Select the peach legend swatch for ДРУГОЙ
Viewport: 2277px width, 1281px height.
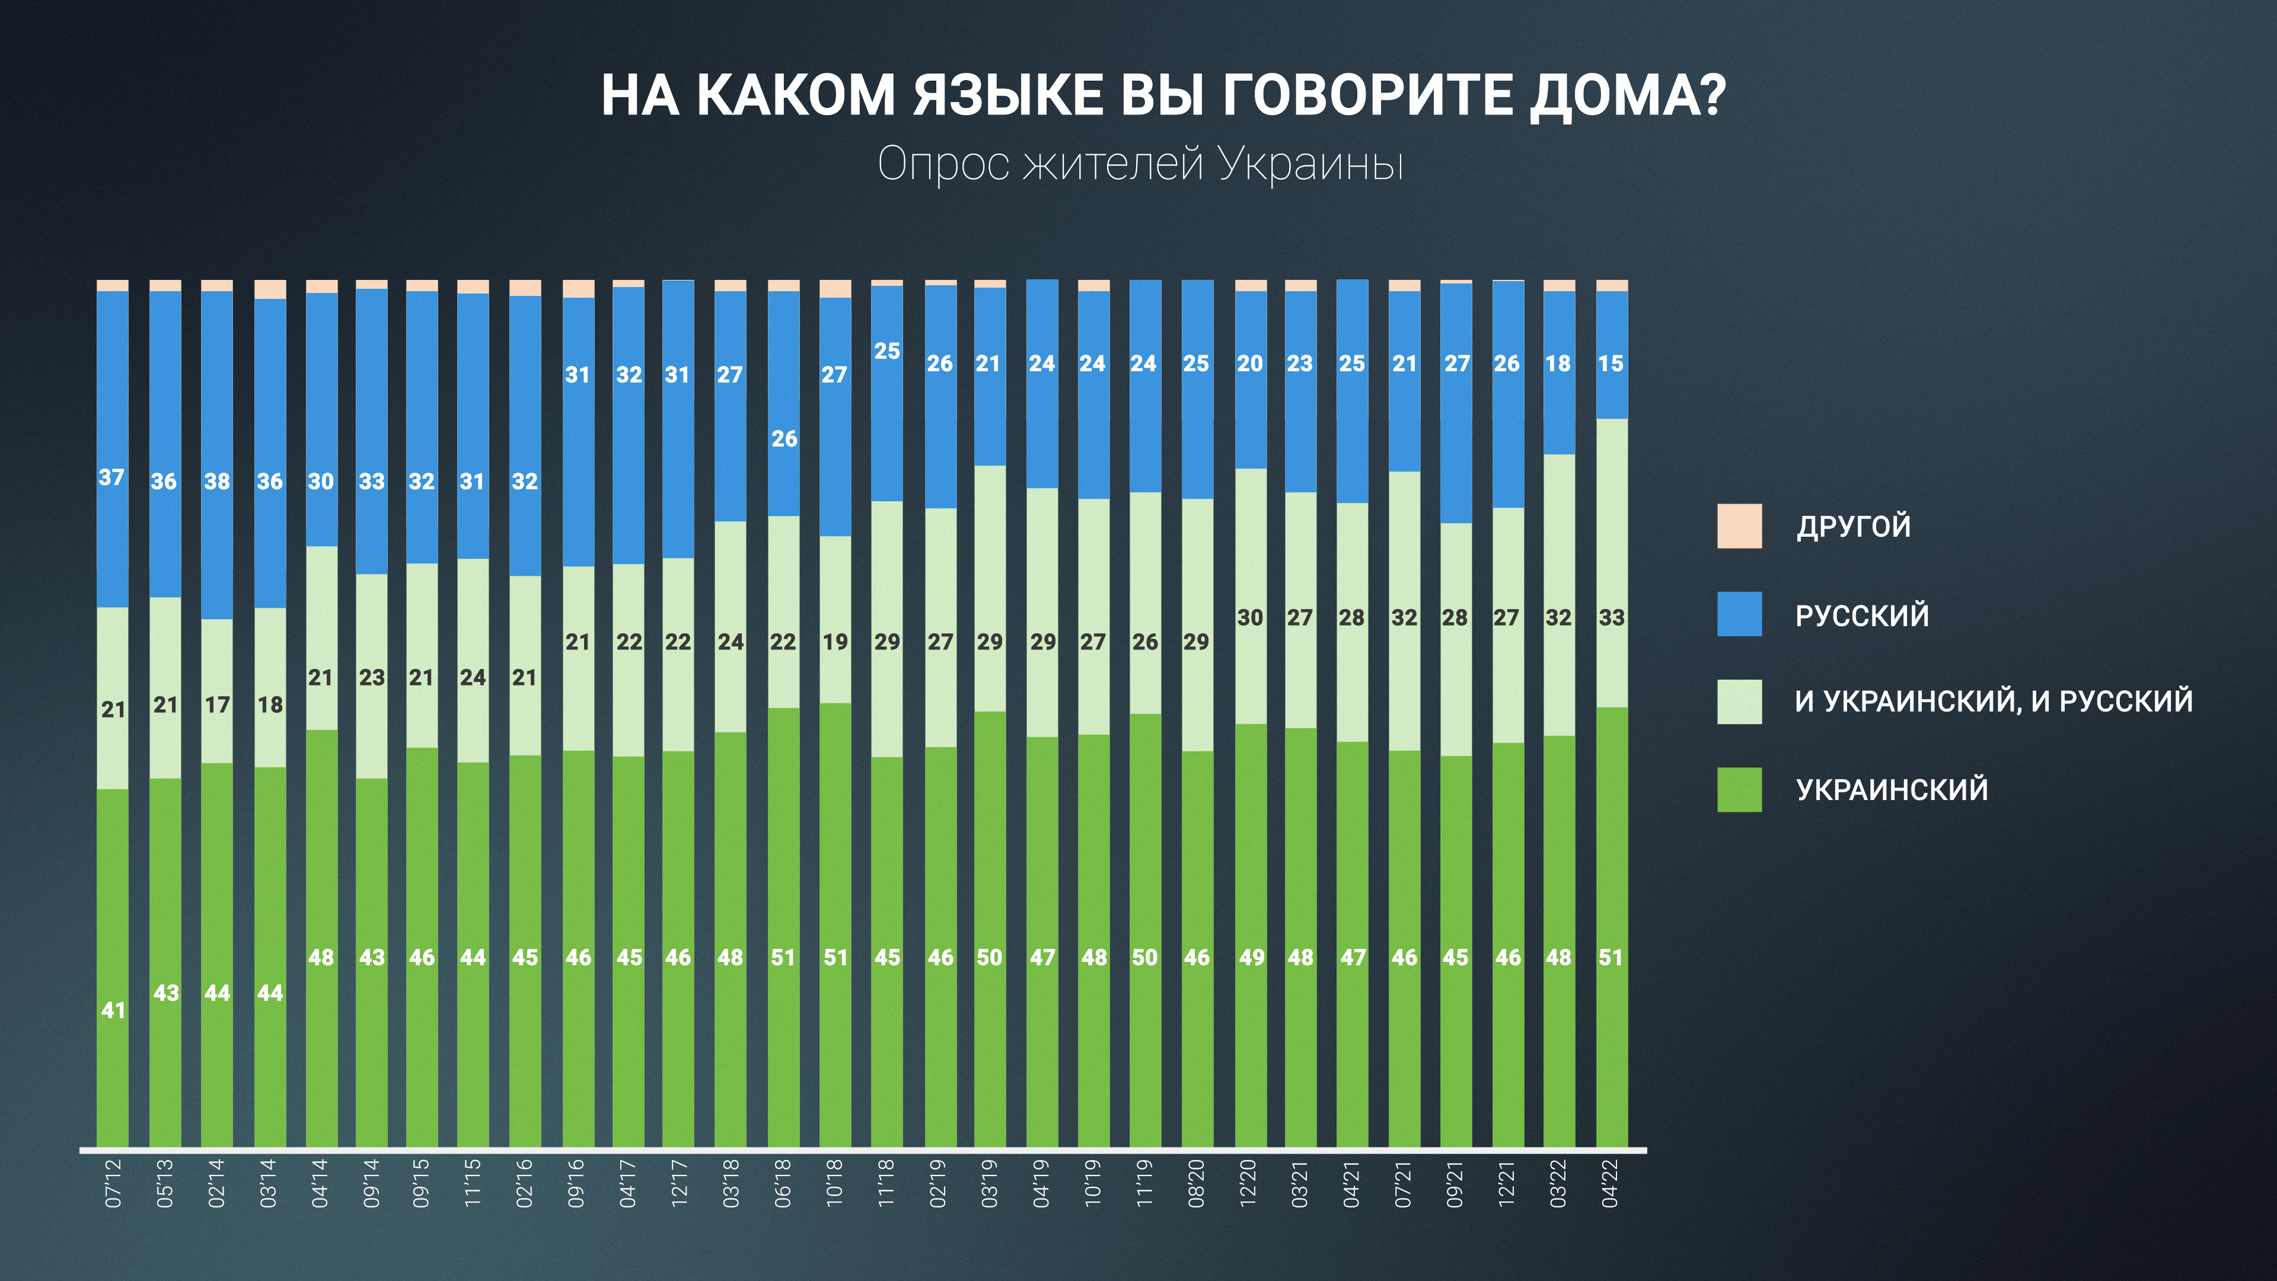1739,527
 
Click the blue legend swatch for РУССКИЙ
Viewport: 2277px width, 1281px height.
1739,614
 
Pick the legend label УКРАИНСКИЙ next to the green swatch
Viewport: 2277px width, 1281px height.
1892,789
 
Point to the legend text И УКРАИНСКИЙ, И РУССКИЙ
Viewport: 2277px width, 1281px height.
1993,701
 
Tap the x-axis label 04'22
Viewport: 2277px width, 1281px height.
1611,1184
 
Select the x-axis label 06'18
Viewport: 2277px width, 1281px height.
782,1184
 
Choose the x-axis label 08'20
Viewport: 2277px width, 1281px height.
1196,1184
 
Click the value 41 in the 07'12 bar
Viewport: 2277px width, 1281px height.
113,1009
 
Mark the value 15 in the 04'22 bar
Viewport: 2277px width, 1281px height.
1611,364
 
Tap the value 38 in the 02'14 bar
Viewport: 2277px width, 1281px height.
216,482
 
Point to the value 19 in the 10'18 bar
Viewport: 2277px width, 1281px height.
835,642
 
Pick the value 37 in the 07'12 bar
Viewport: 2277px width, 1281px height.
111,477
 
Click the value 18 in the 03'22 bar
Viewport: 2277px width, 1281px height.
1558,364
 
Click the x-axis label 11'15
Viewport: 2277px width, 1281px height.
473,1184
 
